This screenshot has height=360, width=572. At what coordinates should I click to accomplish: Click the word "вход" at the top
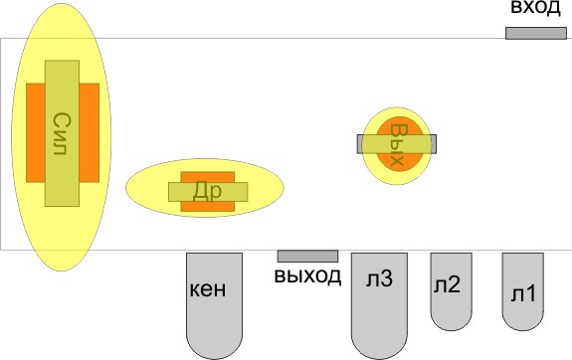pos(536,9)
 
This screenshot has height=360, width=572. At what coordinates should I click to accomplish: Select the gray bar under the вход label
pos(536,33)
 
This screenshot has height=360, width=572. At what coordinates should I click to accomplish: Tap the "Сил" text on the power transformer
pos(62,132)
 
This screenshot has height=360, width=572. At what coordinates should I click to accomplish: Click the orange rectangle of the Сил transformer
pos(34,132)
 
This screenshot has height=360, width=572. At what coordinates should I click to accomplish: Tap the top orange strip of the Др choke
pos(207,176)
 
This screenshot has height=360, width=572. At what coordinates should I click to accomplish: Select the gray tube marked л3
pos(379,328)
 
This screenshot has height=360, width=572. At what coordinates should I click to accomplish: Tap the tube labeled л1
pos(522,314)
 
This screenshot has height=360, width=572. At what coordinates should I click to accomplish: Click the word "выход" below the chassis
pos(307,275)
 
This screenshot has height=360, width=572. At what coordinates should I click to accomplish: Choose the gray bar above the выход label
pos(307,256)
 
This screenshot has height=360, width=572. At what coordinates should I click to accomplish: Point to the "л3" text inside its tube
pos(379,281)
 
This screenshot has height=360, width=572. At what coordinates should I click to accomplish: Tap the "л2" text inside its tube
pos(447,285)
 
